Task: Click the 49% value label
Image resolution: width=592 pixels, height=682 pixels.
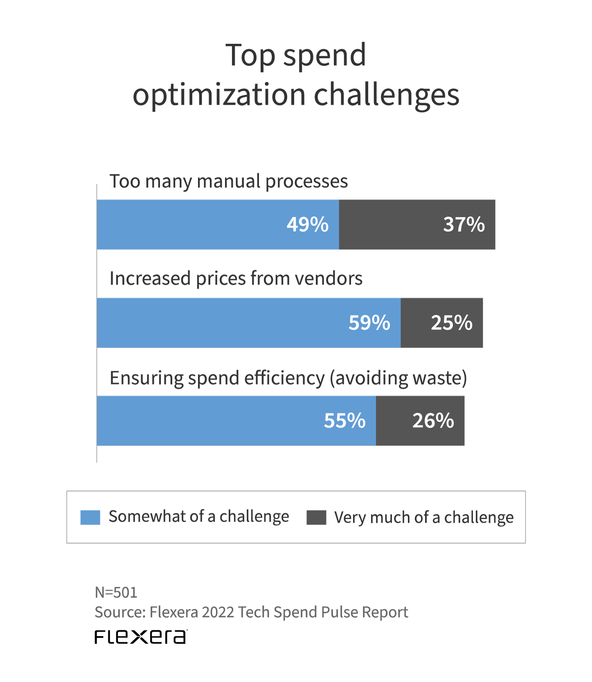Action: pos(307,225)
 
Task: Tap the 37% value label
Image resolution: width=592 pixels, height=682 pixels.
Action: pos(464,225)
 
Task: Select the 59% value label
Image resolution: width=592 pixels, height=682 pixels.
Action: pos(369,323)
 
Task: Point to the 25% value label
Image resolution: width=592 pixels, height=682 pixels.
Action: pos(452,323)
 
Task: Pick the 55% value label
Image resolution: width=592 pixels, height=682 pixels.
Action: pos(344,421)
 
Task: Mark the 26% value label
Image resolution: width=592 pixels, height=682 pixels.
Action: pos(433,421)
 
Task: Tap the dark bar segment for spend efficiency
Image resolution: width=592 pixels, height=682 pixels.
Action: pos(393,421)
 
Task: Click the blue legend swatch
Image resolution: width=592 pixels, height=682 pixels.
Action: pos(90,517)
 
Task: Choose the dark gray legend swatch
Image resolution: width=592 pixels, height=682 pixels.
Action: pos(316,517)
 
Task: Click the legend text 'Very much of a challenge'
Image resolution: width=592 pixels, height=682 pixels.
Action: pos(424,517)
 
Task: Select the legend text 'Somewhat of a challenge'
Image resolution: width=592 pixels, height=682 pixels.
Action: pos(198,517)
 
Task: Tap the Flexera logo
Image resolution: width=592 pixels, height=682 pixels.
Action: pos(141,637)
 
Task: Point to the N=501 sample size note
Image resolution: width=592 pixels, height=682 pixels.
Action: pos(116,592)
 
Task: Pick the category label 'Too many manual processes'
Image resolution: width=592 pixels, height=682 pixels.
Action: pos(228,181)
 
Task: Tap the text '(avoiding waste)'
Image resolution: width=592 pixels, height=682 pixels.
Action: pos(398,378)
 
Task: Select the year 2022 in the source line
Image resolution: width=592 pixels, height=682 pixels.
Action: pos(218,612)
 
